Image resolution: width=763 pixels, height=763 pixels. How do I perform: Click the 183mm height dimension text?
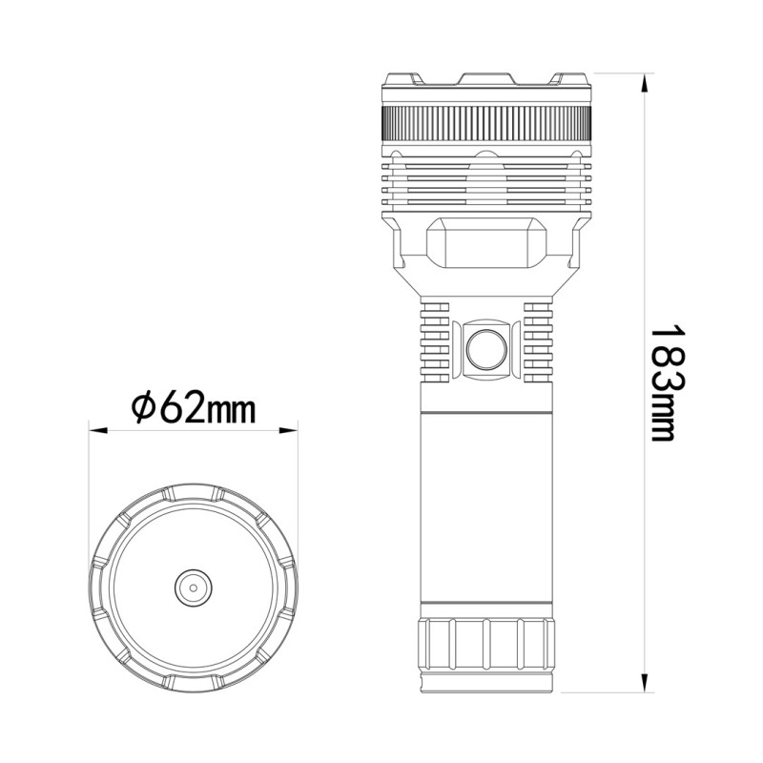662,381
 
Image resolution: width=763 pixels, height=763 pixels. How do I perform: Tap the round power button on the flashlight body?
485,351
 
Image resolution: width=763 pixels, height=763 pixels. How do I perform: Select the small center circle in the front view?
193,588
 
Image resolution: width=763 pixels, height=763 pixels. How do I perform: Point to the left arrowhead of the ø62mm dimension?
96,430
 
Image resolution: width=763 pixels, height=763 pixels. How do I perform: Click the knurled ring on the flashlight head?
485,123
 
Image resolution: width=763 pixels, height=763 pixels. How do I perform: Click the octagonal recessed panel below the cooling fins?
485,245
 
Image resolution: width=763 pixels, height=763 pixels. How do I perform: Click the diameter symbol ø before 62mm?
141,407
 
